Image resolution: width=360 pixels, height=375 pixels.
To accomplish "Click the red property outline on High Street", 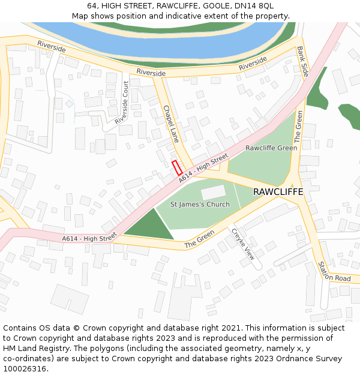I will coord(177,168).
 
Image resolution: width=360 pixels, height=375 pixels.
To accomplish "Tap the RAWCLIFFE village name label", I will coord(278,192).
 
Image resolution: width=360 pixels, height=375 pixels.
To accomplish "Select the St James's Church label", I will coord(200,205).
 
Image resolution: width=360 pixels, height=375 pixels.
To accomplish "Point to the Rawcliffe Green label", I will coord(271,148).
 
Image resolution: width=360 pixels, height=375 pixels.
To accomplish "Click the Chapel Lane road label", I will coord(171,124).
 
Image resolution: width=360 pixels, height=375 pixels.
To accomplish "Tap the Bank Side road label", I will coord(302,61).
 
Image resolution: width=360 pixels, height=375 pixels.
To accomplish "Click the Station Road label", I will coord(334,271).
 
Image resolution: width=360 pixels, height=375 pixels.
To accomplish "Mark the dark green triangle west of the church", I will coord(146,227).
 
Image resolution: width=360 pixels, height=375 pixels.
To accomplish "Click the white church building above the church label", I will coord(214,193).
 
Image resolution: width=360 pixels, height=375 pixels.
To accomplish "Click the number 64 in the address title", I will coord(92,5).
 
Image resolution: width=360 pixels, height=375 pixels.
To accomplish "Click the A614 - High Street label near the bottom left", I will coord(89,239).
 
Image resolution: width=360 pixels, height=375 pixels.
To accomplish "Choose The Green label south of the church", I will coord(199,242).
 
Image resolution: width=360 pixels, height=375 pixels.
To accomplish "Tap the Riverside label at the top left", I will coord(51,47).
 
